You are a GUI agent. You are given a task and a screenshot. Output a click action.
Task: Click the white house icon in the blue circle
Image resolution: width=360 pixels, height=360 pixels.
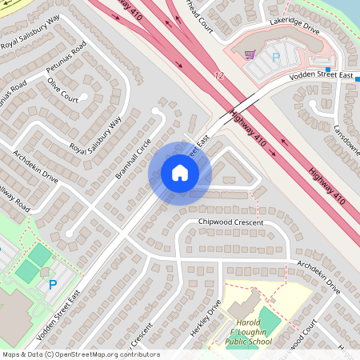[x=180, y=172]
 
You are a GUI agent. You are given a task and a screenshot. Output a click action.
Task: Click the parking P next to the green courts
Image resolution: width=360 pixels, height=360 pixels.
[x=53, y=284]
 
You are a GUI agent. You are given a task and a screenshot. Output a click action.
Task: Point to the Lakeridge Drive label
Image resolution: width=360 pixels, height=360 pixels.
[x=294, y=29]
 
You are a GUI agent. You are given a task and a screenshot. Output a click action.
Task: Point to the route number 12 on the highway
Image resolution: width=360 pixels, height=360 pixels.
[x=218, y=75]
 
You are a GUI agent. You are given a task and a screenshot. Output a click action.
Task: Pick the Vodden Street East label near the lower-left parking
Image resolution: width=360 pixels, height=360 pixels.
[x=62, y=308]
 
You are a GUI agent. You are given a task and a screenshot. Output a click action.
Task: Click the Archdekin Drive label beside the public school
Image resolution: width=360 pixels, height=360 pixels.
[x=318, y=276]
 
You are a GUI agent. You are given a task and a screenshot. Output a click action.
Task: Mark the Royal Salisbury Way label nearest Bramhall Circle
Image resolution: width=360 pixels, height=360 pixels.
[x=95, y=136]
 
